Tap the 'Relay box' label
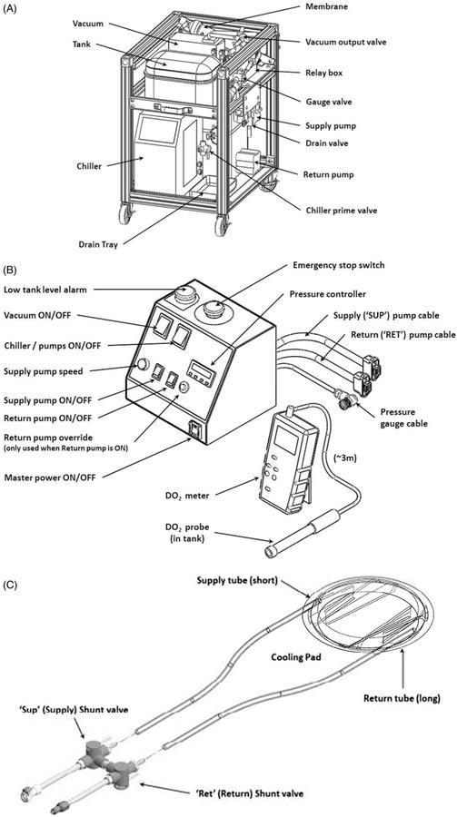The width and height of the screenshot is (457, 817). pos(323,73)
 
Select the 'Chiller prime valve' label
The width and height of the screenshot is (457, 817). pos(342,211)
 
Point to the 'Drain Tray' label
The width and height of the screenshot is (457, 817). pos(98,244)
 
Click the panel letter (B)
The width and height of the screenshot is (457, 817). pos(11,271)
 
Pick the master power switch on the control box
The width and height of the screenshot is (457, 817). pos(195,428)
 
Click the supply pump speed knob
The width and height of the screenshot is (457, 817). pos(142,364)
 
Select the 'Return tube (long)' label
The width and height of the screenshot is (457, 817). pos(402,698)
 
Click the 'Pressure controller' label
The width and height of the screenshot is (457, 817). pos(326,294)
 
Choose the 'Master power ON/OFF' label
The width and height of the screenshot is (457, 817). pos(50,477)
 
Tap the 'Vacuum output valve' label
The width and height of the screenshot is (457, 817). pos(346,42)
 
